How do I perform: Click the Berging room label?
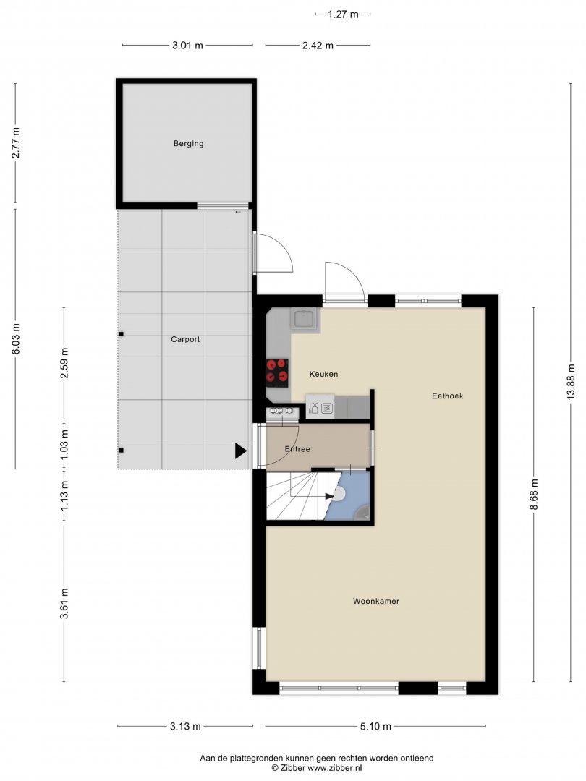(188, 143)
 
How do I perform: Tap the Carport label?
(185, 339)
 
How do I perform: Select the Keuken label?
(323, 374)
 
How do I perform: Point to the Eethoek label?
(448, 396)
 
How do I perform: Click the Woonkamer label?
(376, 601)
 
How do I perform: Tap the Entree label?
(297, 449)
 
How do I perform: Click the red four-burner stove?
(278, 372)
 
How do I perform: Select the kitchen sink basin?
(303, 319)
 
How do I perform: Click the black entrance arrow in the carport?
(241, 451)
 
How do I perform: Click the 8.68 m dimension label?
(534, 494)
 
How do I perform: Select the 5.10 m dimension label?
(375, 726)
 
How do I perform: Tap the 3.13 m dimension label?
(185, 726)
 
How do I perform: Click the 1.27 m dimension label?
(343, 14)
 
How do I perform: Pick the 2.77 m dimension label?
(15, 143)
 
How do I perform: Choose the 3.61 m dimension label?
(64, 604)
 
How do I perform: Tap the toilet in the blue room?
(339, 494)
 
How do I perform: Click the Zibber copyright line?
(317, 768)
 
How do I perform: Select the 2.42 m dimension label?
(318, 46)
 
